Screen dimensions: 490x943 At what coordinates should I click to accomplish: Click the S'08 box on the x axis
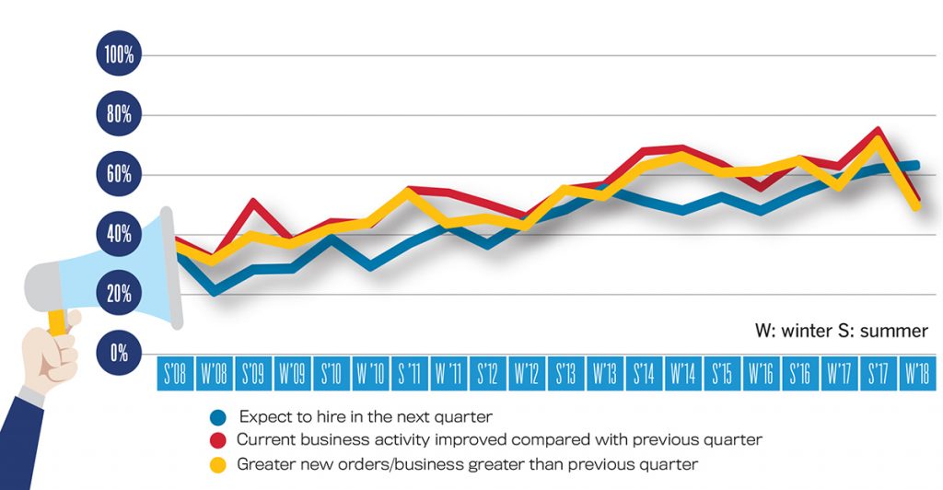[174, 374]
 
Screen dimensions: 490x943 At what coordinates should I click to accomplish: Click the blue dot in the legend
[218, 416]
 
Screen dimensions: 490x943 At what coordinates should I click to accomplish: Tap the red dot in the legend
[218, 440]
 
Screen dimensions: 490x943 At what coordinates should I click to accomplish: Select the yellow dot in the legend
[218, 464]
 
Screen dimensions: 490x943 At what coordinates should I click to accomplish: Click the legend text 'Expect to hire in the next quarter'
[364, 416]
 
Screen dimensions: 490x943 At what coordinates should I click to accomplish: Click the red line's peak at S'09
[254, 201]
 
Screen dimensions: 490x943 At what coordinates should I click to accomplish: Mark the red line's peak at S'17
[879, 130]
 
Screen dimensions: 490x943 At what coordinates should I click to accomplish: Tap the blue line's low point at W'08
[215, 292]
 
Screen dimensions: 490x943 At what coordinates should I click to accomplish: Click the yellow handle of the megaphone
[57, 321]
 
